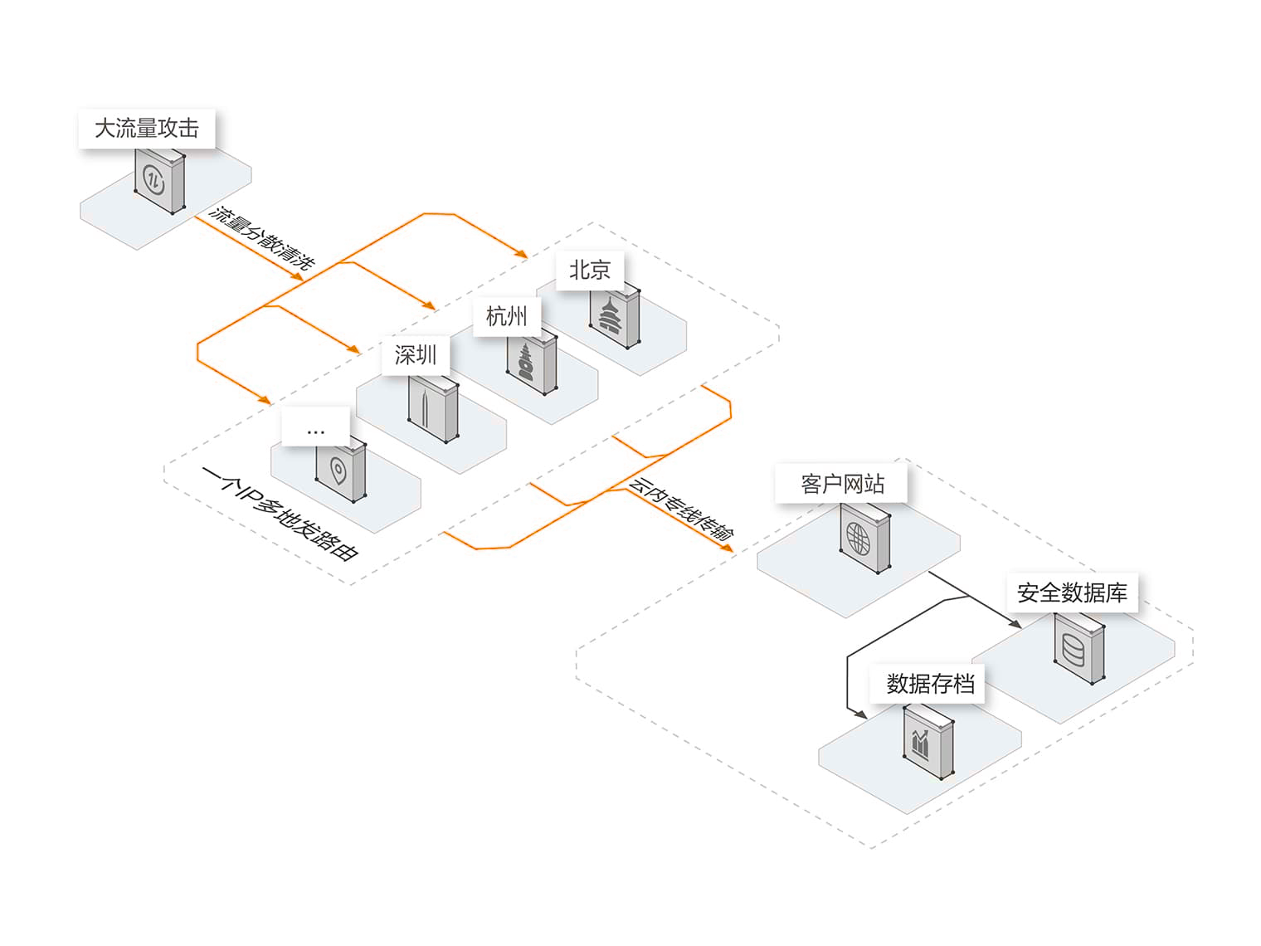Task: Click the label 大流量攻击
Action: click(147, 129)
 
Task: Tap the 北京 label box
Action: click(590, 270)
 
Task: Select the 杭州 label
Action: click(506, 316)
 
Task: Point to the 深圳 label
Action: click(415, 356)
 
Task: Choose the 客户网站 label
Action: click(842, 484)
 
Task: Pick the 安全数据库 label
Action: click(1072, 593)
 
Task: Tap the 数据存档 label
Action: click(930, 684)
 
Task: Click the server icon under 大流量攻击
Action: click(159, 180)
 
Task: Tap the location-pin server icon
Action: click(340, 471)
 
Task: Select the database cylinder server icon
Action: click(1078, 650)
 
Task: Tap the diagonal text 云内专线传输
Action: click(680, 510)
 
